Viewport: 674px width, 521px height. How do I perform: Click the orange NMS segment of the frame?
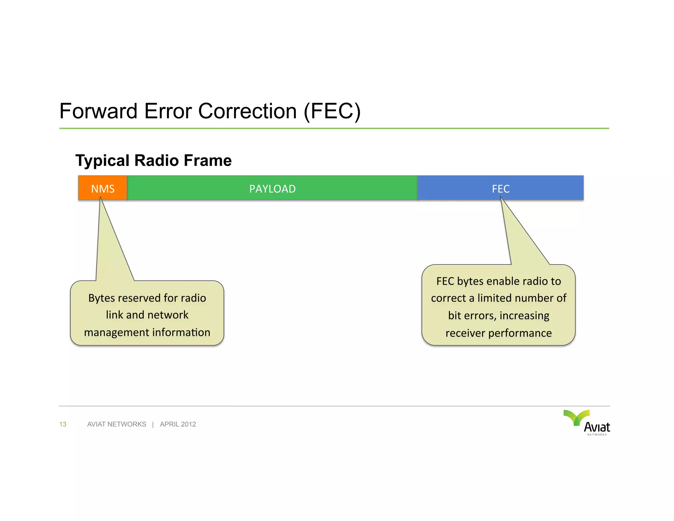[x=103, y=188]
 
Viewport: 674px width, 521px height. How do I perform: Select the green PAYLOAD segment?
[x=272, y=188]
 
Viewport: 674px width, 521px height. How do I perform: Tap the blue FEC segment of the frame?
[x=500, y=188]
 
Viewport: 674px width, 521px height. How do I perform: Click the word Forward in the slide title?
[x=98, y=111]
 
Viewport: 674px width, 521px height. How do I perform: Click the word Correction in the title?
[x=247, y=111]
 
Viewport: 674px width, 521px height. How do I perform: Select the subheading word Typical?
[x=102, y=161]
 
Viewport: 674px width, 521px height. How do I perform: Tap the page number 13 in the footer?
[x=63, y=424]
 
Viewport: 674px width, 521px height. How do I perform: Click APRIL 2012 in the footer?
[x=178, y=424]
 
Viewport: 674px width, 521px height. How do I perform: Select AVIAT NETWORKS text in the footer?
[x=117, y=424]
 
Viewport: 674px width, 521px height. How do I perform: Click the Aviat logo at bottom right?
[x=587, y=423]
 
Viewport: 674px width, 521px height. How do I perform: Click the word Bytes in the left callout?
[x=101, y=298]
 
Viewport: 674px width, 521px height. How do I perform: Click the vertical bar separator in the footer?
[x=153, y=424]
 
